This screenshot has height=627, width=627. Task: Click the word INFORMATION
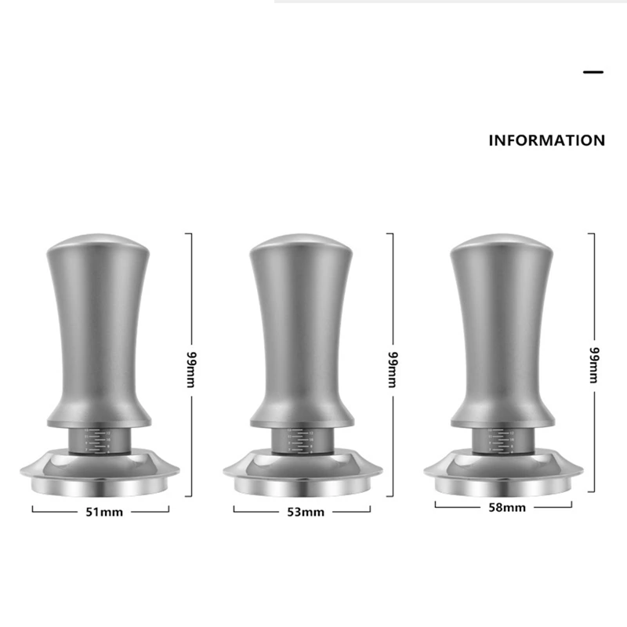(x=546, y=141)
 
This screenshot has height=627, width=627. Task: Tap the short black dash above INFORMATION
(x=593, y=72)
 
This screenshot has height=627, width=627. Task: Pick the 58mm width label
(x=506, y=507)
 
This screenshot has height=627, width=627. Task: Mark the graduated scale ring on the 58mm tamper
(x=502, y=440)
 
